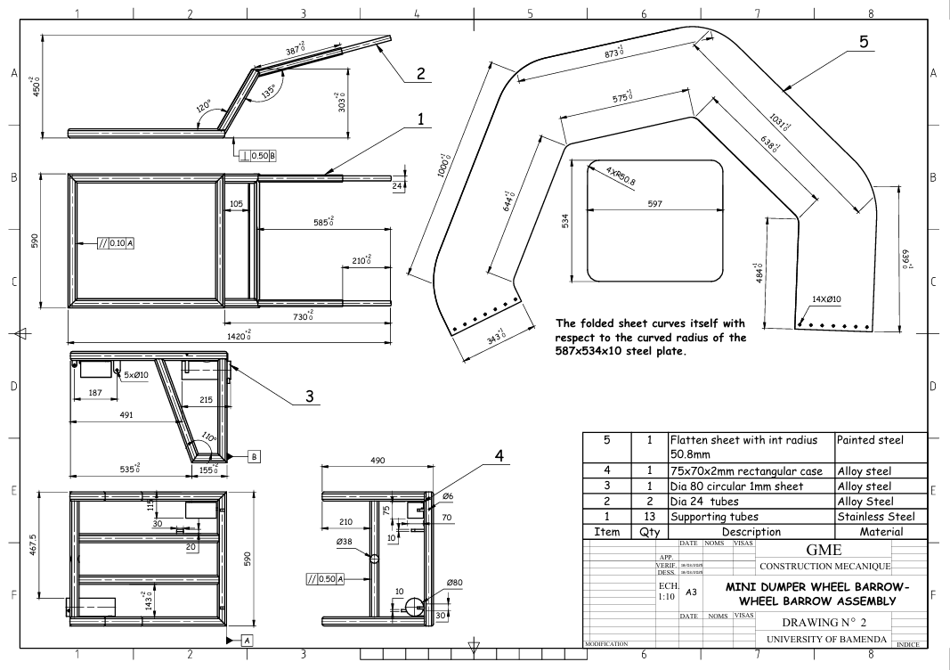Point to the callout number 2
tap(418, 73)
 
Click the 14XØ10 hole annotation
tap(829, 299)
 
